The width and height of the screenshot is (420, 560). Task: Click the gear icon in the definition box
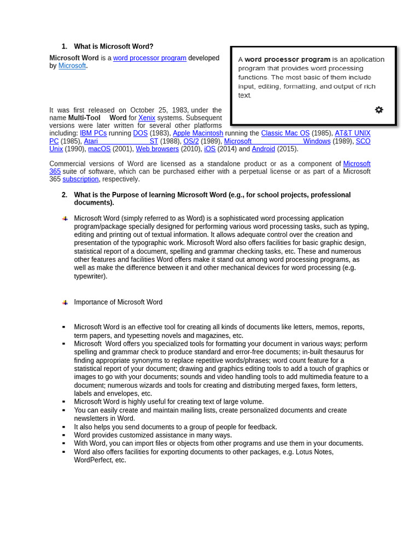(x=379, y=110)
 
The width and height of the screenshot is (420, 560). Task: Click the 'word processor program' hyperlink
(x=149, y=58)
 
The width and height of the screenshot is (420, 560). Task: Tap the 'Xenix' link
(x=147, y=118)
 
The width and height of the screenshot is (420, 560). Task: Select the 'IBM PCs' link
(x=93, y=133)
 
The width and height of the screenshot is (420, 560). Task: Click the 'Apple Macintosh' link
(x=198, y=133)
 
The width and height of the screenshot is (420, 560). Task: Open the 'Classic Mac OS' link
(x=285, y=133)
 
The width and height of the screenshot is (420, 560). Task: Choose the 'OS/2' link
(x=191, y=141)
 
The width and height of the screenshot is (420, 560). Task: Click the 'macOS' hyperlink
(x=99, y=149)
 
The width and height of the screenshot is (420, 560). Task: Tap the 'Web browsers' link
(x=157, y=149)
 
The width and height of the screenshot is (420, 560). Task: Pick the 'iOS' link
(x=209, y=149)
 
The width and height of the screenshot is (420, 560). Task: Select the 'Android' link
(x=263, y=149)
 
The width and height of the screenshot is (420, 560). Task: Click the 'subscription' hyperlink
(x=80, y=179)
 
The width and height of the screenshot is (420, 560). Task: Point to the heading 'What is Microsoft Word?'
(x=114, y=46)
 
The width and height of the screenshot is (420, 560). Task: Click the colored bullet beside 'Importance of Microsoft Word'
(x=65, y=302)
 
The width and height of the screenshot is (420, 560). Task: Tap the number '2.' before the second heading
(x=65, y=195)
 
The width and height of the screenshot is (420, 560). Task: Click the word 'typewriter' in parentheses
(x=90, y=276)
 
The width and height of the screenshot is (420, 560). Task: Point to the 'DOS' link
(x=140, y=133)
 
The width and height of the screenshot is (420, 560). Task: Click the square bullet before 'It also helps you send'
(x=64, y=427)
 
